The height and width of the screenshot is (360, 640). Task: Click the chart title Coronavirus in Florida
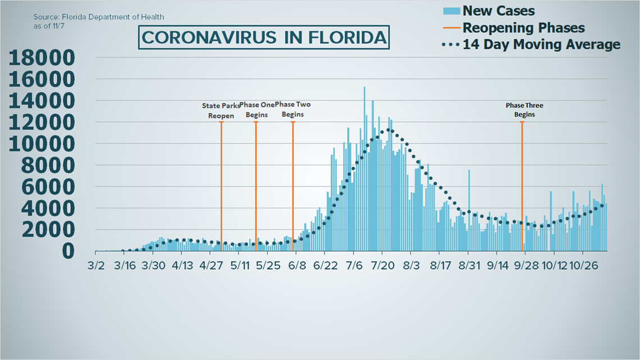(264, 38)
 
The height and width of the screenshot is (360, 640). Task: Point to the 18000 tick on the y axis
(42, 58)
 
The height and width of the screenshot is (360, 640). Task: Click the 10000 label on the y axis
(42, 144)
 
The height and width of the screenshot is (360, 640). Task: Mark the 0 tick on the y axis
(67, 251)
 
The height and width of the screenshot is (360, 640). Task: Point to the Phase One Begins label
(257, 110)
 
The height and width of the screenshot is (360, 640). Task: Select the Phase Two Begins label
(292, 109)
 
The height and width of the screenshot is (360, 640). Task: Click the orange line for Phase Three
(522, 185)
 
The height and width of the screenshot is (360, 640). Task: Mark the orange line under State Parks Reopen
(221, 185)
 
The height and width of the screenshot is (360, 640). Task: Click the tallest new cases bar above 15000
(364, 168)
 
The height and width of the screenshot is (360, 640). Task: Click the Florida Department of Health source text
(102, 17)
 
